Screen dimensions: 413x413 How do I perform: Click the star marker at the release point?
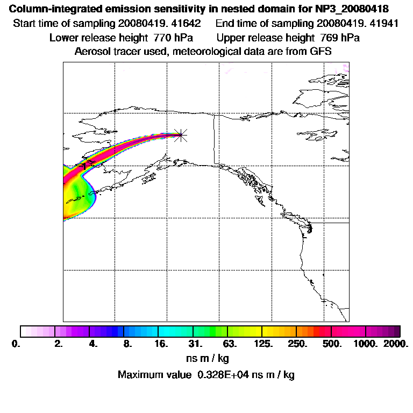tap(181, 135)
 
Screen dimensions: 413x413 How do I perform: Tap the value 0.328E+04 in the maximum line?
tap(233, 375)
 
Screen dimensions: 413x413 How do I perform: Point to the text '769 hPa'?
tap(337, 38)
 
